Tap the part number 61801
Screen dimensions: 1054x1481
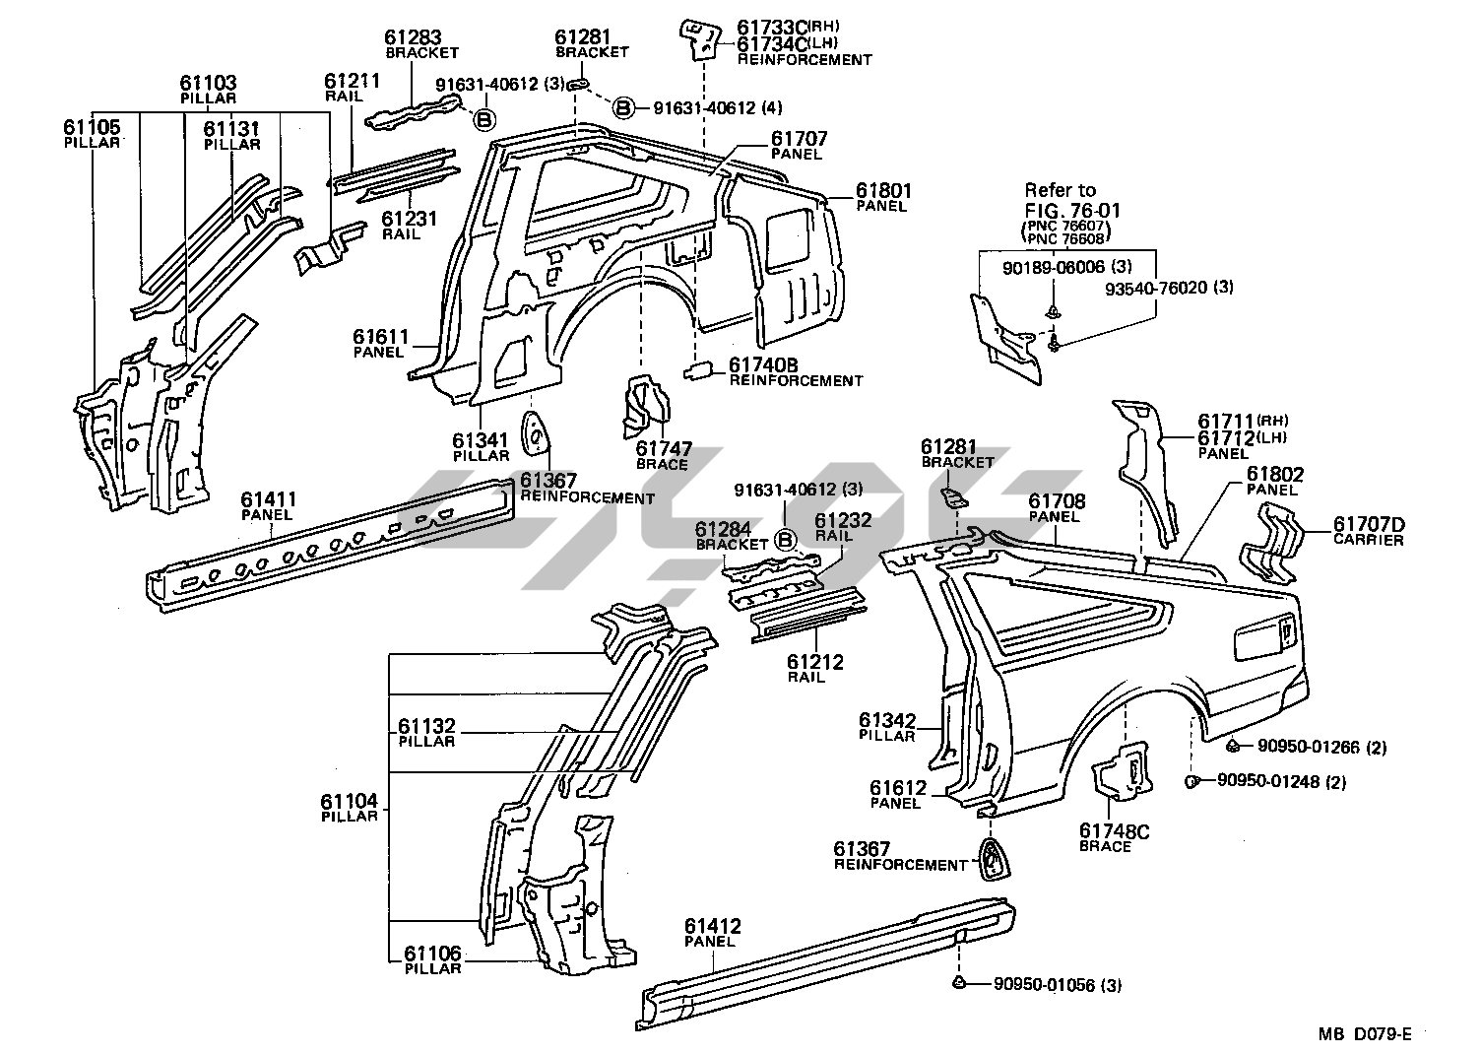883,191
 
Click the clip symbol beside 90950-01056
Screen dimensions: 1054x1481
958,983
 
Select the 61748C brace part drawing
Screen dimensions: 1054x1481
1122,772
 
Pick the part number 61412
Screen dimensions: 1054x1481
713,926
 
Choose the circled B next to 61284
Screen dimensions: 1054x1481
785,540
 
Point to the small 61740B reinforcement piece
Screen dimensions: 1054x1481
700,369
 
